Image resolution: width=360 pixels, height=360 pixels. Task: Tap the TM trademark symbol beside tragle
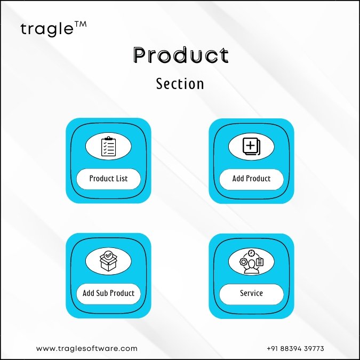(81, 25)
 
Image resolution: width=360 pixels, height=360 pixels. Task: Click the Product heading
(181, 55)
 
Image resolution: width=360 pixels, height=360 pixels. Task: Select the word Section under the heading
(180, 84)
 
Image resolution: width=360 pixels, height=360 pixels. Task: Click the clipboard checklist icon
(108, 146)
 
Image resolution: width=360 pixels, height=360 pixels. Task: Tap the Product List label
(108, 178)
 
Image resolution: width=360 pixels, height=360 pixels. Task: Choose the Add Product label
(251, 178)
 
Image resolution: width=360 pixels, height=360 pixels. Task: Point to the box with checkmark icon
(108, 261)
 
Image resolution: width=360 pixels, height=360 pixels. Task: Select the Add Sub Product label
(108, 293)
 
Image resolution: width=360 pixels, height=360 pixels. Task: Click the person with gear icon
(251, 261)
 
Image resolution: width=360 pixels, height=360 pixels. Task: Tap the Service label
(251, 293)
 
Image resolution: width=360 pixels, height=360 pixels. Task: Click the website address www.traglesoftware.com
(87, 348)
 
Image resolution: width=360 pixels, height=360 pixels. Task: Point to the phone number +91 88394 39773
(295, 348)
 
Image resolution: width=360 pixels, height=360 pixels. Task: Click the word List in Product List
(122, 178)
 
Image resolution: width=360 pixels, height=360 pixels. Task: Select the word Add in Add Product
(238, 178)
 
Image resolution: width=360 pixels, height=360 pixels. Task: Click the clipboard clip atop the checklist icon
(108, 138)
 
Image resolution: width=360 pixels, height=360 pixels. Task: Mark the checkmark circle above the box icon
(108, 255)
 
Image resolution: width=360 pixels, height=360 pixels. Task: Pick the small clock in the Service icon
(251, 253)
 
